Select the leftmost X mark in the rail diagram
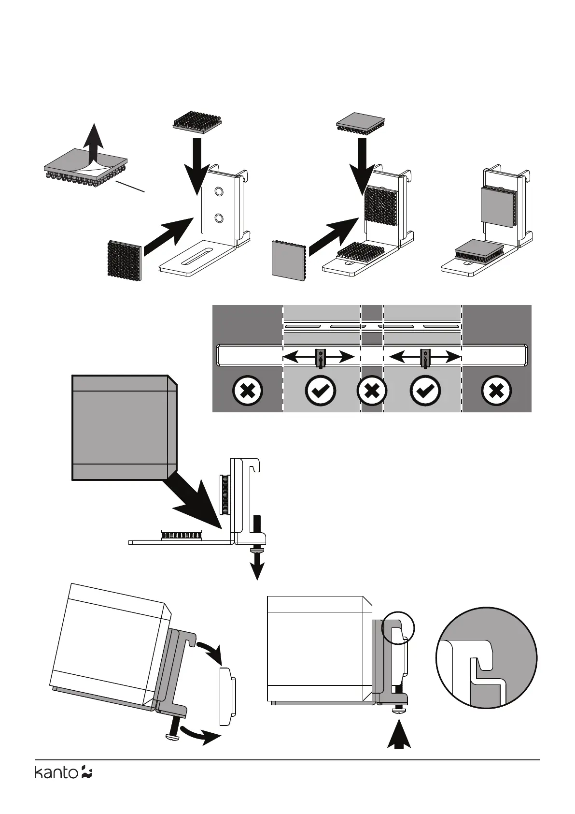247,391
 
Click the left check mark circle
321,391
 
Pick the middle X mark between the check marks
372,391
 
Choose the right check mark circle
425,391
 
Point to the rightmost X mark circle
497,391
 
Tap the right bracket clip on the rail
425,358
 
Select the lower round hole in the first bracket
219,218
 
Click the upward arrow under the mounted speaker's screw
399,735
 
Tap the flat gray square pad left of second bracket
288,259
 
